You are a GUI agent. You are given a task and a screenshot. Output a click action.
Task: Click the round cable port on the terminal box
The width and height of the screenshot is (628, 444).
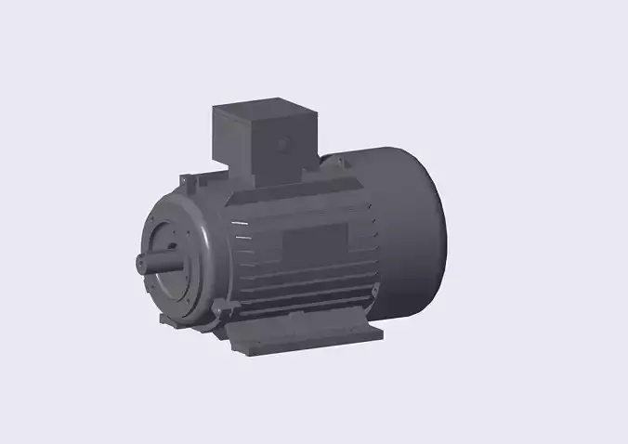click(284, 145)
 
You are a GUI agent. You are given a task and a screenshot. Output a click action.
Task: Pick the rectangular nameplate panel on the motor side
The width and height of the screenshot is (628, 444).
click(313, 247)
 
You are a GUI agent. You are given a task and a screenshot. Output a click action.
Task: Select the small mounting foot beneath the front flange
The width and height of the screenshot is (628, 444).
click(171, 321)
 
